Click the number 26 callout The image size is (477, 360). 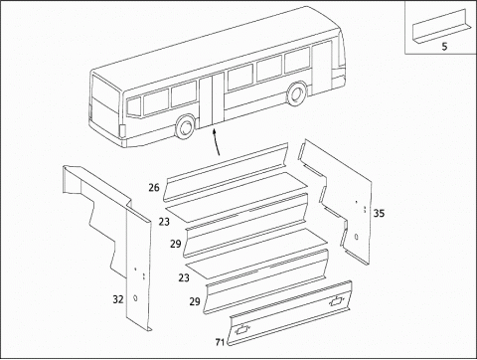pos(154,187)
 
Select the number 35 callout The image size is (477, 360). pos(378,212)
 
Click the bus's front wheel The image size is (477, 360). pos(296,94)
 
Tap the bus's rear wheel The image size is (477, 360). pos(185,126)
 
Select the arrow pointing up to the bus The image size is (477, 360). pos(218,139)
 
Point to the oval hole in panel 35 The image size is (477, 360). pos(356,237)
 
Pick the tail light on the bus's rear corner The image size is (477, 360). pos(120,131)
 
